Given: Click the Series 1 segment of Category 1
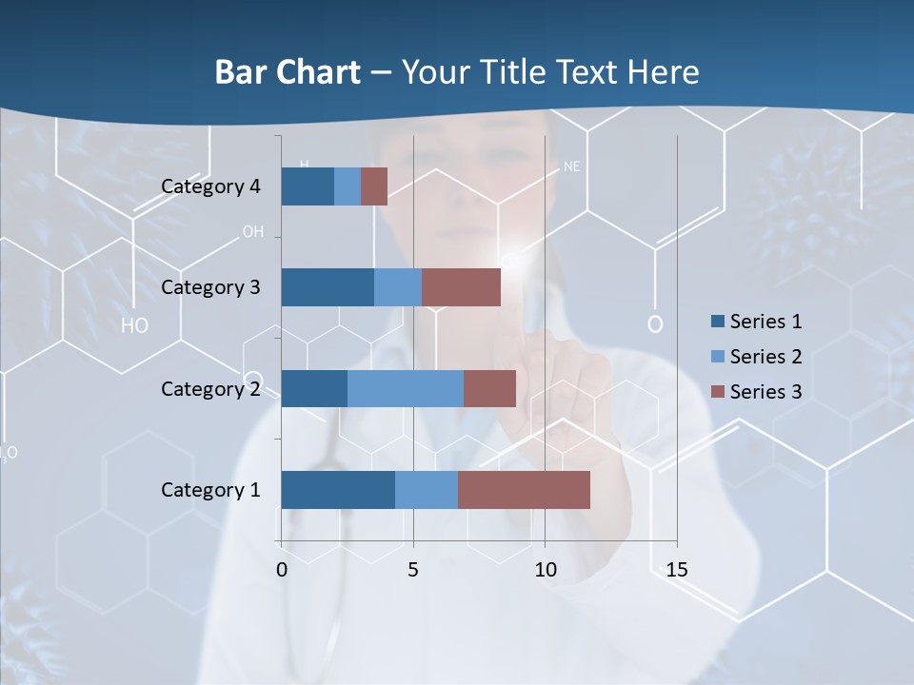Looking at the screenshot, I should pos(338,490).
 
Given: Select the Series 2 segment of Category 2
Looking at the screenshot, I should pos(406,388).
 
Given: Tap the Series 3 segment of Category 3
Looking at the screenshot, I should pos(461,287).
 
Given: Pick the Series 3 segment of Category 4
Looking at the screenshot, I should pos(374,186).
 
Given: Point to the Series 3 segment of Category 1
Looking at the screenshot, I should pos(524,490).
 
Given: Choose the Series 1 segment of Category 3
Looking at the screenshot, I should pos(328,287).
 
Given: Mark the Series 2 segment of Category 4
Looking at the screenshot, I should pos(348,186).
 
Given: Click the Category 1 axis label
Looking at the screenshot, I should pos(210,490).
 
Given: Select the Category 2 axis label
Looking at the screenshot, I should pos(210,388).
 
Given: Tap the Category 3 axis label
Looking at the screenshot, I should pos(210,287).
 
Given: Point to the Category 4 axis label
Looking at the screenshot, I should pos(210,186).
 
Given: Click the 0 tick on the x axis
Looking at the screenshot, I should pos(282,570).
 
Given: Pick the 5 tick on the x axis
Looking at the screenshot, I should pos(413,570).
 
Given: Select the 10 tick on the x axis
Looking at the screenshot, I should pos(545,570).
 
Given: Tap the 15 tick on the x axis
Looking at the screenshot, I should pos(677,570).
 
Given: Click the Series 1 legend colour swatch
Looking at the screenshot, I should pos(718,322).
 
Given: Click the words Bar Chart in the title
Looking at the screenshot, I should pos(287,72).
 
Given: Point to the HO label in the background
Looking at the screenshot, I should pos(135,325).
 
